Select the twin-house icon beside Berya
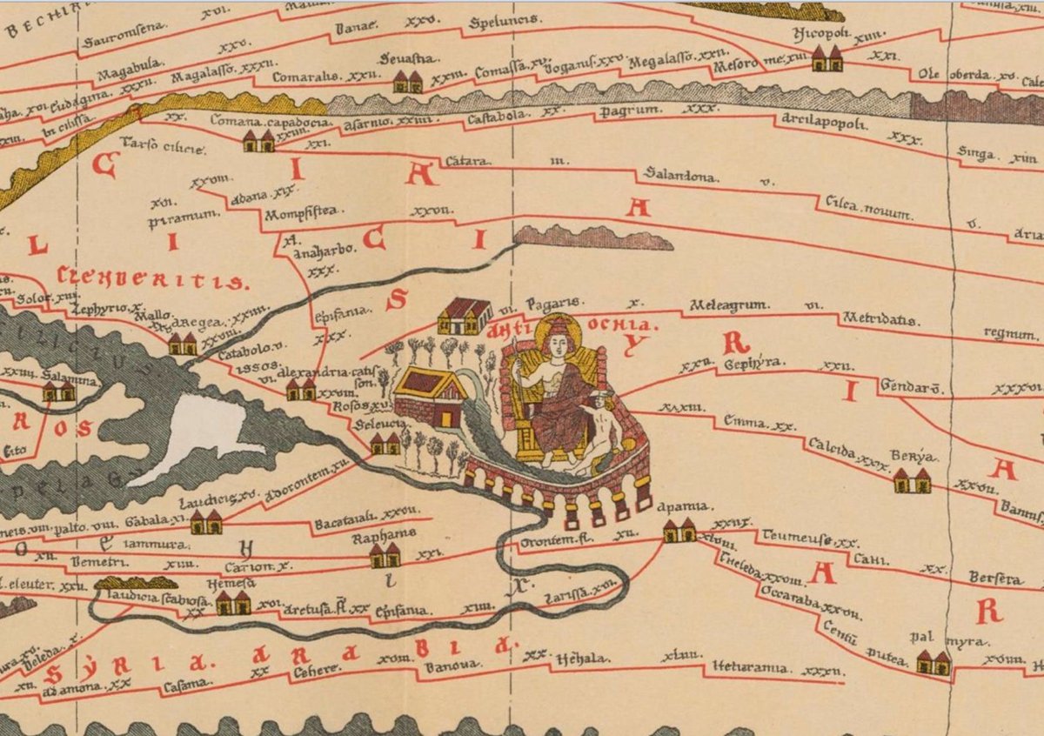(911, 480)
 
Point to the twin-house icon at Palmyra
(934, 663)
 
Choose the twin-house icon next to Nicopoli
(826, 58)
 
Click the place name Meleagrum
(726, 306)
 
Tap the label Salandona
(680, 177)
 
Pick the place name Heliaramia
(750, 668)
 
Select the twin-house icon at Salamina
(58, 392)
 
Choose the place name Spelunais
(505, 20)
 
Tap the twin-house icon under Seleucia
(385, 445)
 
